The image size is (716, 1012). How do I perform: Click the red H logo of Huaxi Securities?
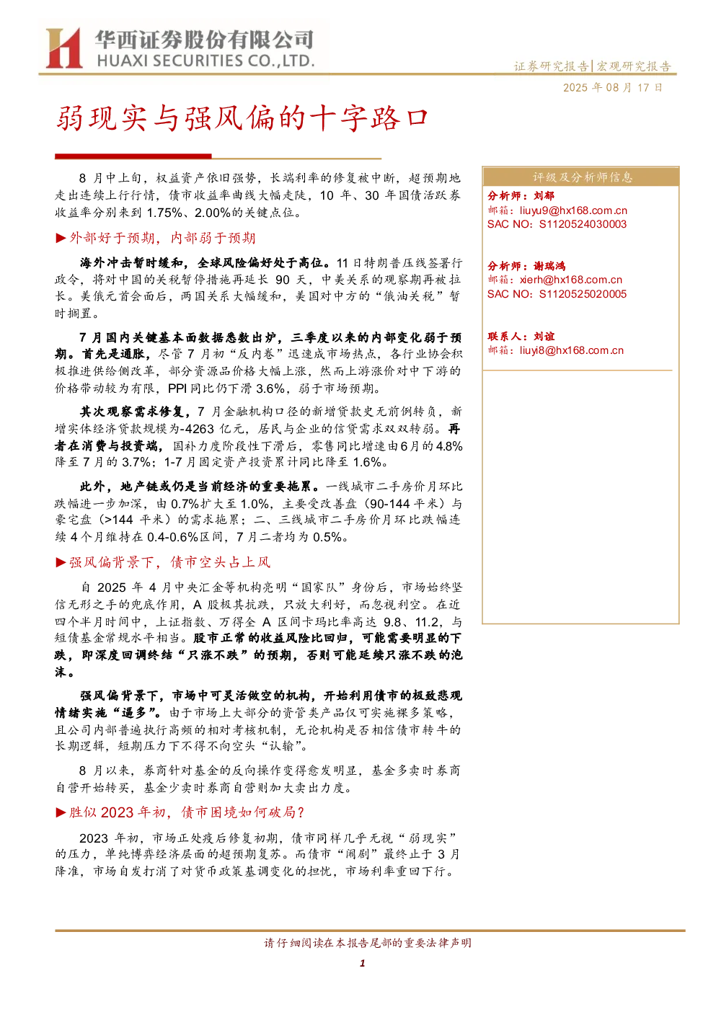[x=63, y=48]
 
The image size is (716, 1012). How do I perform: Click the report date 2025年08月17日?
[x=612, y=87]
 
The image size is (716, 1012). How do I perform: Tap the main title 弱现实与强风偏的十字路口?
[x=242, y=118]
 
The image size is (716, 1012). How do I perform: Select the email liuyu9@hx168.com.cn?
[x=573, y=210]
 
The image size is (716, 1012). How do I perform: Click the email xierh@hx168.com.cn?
[x=571, y=280]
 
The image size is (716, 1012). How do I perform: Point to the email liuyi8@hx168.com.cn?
[x=571, y=350]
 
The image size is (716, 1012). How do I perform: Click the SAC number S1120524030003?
[x=583, y=224]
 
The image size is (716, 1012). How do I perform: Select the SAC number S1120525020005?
[x=583, y=294]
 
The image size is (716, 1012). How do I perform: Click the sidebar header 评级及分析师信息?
[x=582, y=177]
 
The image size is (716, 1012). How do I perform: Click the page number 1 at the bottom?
[x=362, y=963]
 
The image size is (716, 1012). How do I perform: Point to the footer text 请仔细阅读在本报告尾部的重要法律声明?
[x=368, y=943]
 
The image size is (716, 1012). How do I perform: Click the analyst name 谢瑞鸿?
[x=549, y=266]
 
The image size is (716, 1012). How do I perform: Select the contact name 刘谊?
[x=544, y=336]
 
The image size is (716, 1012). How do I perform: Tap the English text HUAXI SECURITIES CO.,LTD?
[x=205, y=61]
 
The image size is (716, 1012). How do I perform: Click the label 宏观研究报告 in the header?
[x=634, y=67]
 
